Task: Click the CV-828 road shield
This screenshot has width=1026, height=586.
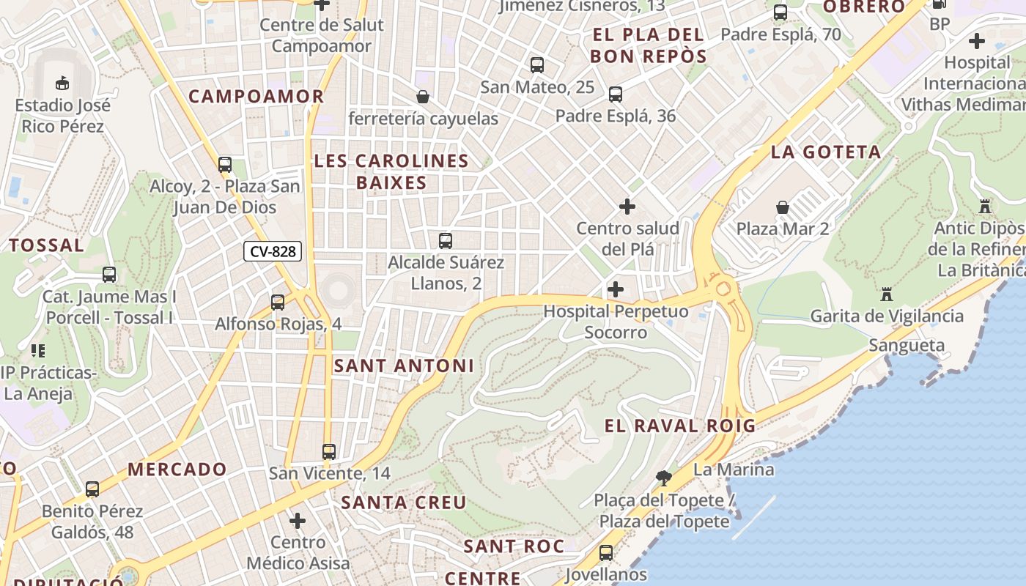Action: click(x=273, y=251)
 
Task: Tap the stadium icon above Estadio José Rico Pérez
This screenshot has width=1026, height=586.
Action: click(x=62, y=83)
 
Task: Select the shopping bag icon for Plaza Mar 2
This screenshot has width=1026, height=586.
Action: click(x=783, y=207)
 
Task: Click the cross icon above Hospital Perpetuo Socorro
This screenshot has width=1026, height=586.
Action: click(x=616, y=289)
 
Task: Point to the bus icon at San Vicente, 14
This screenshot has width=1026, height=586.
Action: click(x=329, y=452)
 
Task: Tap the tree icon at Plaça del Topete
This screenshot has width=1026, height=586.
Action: click(x=664, y=478)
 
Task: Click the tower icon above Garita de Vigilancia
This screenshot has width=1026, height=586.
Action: click(x=887, y=294)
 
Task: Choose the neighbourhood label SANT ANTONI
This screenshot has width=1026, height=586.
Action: click(x=404, y=366)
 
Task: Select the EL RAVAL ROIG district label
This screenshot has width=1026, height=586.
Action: click(x=679, y=426)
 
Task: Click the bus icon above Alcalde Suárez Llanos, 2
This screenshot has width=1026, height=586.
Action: click(x=445, y=240)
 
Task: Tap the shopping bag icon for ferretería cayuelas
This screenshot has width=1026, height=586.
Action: click(x=423, y=97)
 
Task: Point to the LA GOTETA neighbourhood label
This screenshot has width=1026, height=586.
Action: click(x=826, y=152)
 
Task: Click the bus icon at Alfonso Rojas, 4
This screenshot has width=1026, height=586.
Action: click(x=278, y=302)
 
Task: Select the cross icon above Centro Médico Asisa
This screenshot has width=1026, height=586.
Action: click(x=298, y=521)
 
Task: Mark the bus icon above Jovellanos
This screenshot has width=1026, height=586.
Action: click(x=606, y=553)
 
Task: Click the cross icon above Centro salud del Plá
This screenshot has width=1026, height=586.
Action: click(x=627, y=207)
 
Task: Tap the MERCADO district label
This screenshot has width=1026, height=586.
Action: click(x=177, y=470)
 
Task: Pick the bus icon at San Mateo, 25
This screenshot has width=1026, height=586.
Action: click(x=537, y=65)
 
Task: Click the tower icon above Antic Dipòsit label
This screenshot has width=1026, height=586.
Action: click(x=984, y=207)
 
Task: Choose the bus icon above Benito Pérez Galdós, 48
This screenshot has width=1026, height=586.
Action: click(x=92, y=489)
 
